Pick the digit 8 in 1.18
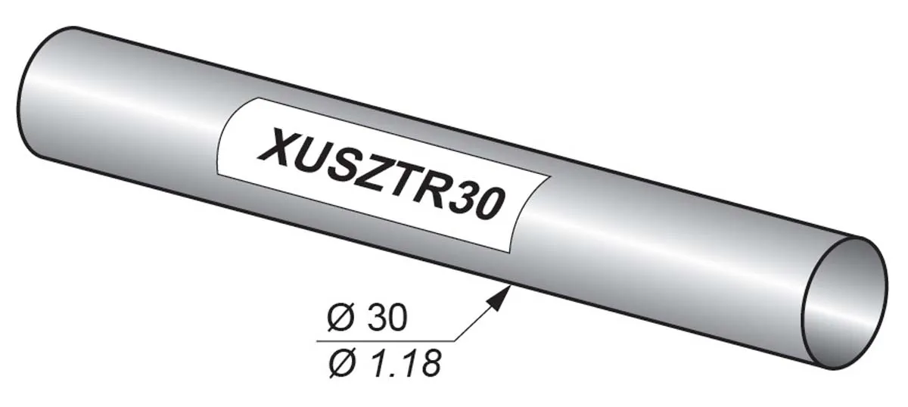pyautogui.click(x=430, y=364)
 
